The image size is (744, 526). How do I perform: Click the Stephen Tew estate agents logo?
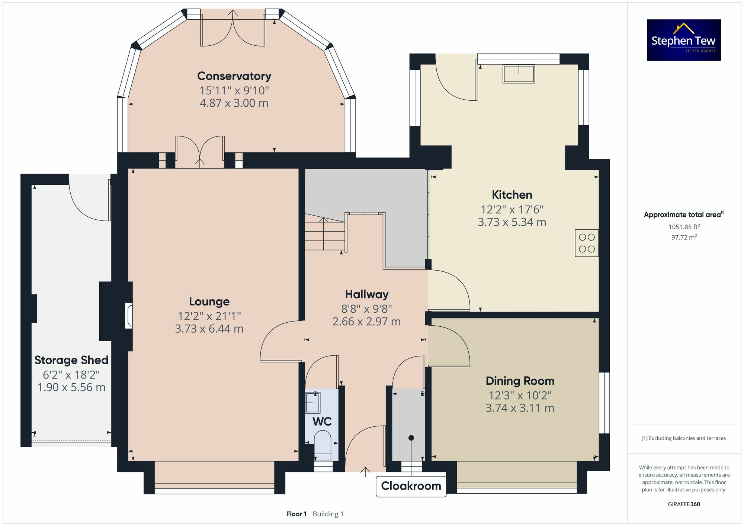(684, 40)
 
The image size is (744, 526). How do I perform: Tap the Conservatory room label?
(234, 76)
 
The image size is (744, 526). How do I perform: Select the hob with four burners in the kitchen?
(587, 243)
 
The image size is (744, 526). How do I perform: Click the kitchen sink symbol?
(519, 74)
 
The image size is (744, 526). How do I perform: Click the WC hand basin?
(312, 403)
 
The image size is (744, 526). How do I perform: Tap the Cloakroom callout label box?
(411, 486)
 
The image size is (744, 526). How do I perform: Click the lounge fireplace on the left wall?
(129, 316)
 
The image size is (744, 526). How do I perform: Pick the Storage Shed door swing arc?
(89, 203)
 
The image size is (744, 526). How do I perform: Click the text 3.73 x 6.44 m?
(209, 329)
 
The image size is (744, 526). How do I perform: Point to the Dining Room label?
(520, 381)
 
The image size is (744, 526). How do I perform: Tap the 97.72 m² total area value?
(684, 237)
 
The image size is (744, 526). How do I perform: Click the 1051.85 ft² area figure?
(684, 227)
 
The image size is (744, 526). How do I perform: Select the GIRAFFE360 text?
(684, 504)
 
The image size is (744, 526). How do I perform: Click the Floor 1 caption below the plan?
(296, 514)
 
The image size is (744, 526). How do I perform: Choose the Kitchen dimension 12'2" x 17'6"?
(512, 210)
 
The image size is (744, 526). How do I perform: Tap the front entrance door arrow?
(365, 471)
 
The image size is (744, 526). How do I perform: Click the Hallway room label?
(366, 294)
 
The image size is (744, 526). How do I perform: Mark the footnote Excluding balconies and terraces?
(684, 438)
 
